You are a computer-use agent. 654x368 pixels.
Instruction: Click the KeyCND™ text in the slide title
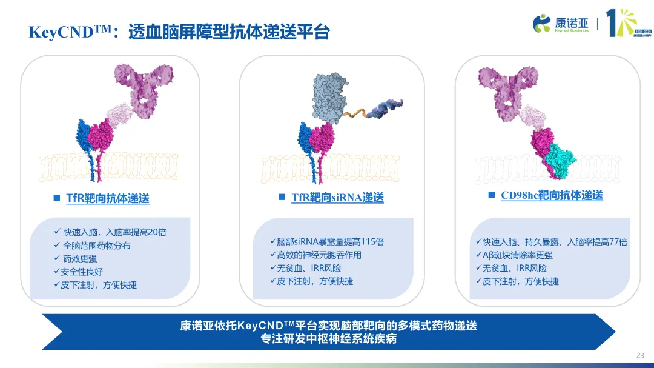point(70,32)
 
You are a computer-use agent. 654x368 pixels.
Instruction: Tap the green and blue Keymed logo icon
point(541,23)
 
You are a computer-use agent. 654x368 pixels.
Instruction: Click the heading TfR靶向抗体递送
point(108,198)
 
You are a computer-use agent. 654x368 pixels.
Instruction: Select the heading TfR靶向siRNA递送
point(337,197)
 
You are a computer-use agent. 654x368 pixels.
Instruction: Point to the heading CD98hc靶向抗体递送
point(552,195)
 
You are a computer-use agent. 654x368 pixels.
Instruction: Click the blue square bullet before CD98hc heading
point(491,195)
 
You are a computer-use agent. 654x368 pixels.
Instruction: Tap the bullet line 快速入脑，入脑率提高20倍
point(110,232)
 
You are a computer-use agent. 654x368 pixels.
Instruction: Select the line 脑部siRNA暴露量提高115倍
point(327,242)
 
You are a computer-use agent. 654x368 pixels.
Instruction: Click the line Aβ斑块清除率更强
point(514,255)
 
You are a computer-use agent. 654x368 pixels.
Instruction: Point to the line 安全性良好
point(78,272)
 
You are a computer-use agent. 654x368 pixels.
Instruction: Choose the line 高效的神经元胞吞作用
point(315,255)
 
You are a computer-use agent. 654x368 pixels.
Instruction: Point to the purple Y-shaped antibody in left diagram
point(144,88)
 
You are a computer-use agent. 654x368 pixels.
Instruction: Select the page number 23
point(640,355)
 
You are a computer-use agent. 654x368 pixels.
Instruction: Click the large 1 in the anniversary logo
point(611,24)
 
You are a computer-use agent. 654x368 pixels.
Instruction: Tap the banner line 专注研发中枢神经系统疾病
point(329,339)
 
